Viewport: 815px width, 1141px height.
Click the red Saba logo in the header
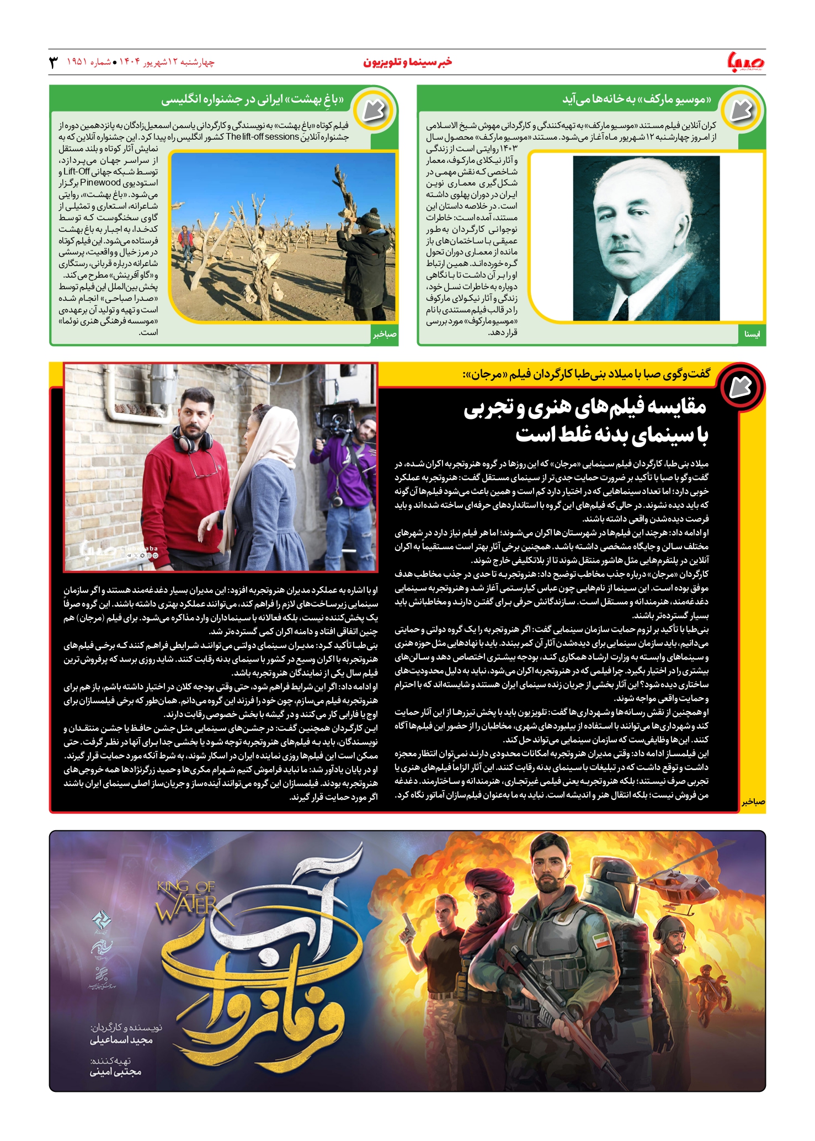coord(747,62)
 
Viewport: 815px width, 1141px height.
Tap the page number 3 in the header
coord(53,62)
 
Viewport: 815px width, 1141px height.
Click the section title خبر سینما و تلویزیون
coord(407,62)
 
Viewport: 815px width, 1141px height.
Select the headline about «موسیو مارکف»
coord(636,99)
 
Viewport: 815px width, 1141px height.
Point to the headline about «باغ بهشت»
coord(252,99)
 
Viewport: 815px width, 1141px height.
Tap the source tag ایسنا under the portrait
coord(752,335)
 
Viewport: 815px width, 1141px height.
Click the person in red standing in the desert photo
coord(188,243)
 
